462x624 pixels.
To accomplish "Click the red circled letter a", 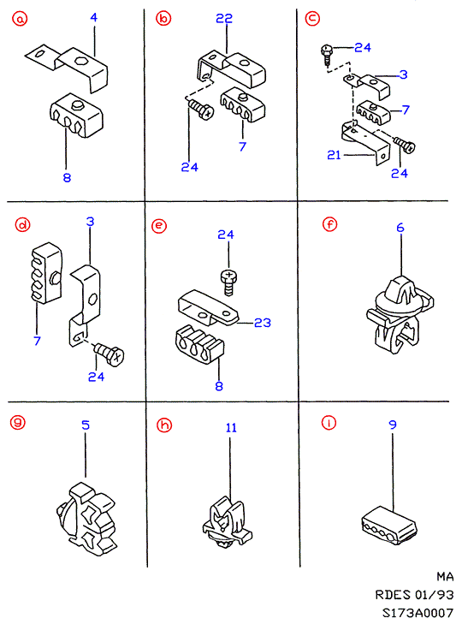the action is coord(20,18).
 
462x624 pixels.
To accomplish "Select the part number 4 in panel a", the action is coord(93,17).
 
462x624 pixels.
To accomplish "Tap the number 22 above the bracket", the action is coord(224,18).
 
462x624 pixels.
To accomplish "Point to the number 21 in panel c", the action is coord(335,155).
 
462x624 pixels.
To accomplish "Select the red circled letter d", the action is coord(22,225).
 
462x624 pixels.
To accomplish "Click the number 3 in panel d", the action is coord(91,221).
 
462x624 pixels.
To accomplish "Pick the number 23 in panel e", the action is coord(263,323).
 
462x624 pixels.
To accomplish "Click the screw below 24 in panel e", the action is coord(228,282).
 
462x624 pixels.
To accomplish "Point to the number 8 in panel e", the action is coord(219,386).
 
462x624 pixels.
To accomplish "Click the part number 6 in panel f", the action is coord(400,228).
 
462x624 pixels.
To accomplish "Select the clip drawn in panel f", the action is coord(400,313).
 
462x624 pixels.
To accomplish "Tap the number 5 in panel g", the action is coord(86,425).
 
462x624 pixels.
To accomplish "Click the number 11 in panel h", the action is coord(231,428).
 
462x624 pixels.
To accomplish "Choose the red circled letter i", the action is coord(329,423).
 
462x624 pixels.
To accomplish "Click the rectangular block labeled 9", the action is coord(389,526).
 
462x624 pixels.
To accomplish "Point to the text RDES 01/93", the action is coord(414,595).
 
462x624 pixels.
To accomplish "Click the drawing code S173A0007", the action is coord(418,613).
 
